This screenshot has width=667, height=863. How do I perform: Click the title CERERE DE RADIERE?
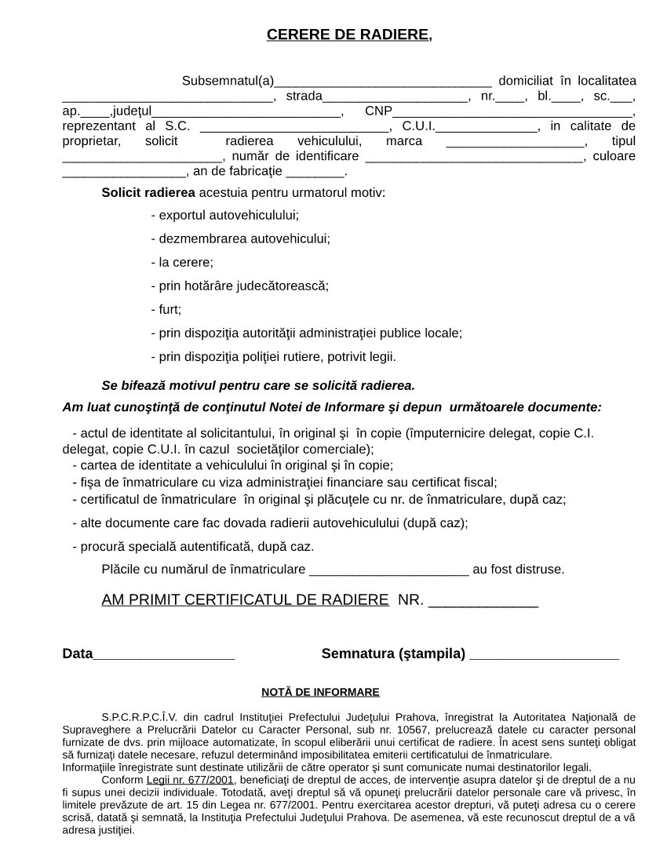coord(348,35)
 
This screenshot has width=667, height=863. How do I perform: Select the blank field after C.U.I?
coord(486,127)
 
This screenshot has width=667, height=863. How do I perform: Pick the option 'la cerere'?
coord(185,262)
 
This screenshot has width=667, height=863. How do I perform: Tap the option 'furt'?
coord(169,309)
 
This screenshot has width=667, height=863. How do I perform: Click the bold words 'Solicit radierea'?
coord(148,191)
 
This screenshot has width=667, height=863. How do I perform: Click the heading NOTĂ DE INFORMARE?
coord(320,692)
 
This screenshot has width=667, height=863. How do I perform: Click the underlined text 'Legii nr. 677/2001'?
coord(190,780)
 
